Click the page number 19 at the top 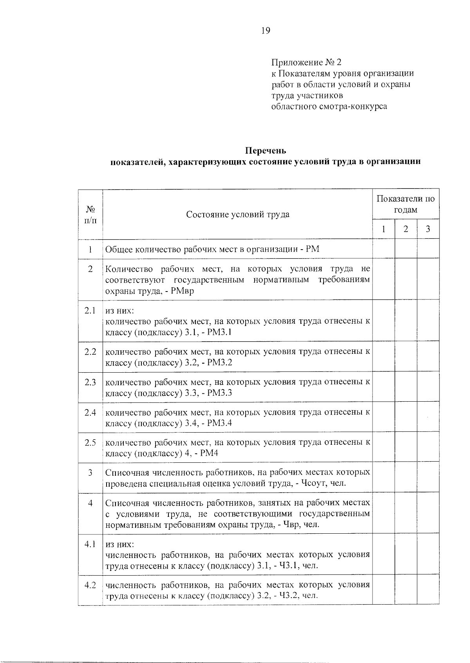click(x=266, y=31)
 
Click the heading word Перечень click(x=266, y=150)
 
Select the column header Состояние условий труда click(x=238, y=214)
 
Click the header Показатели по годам click(x=405, y=204)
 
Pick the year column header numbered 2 click(x=406, y=229)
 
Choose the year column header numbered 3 click(x=428, y=229)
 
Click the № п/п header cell click(x=90, y=214)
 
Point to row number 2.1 click(x=90, y=311)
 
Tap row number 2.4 click(x=90, y=412)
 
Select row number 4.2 click(x=90, y=585)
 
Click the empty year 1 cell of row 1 click(x=383, y=249)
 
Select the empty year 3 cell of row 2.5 click(x=428, y=447)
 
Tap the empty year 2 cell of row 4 click(x=406, y=513)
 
